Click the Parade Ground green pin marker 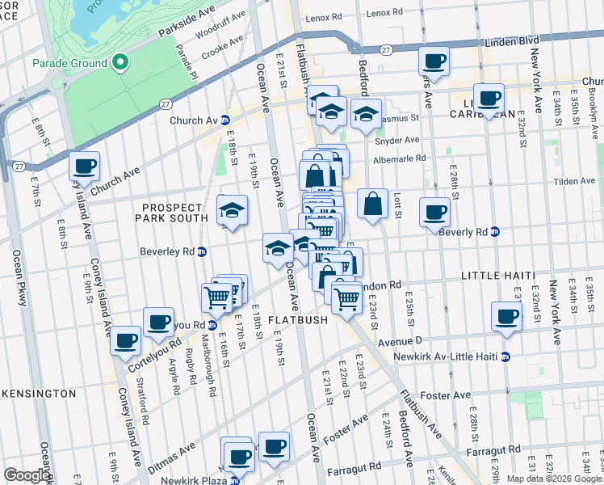[x=120, y=61]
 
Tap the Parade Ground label [x=69, y=63]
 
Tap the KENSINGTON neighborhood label [x=38, y=393]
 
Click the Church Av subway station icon [x=226, y=120]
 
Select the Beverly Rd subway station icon [x=495, y=232]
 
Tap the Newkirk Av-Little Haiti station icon [x=505, y=356]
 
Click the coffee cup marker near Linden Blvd [x=434, y=61]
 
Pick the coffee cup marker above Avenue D [x=507, y=316]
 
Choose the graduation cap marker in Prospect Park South [x=232, y=211]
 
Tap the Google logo [x=27, y=475]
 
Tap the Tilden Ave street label [x=575, y=181]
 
